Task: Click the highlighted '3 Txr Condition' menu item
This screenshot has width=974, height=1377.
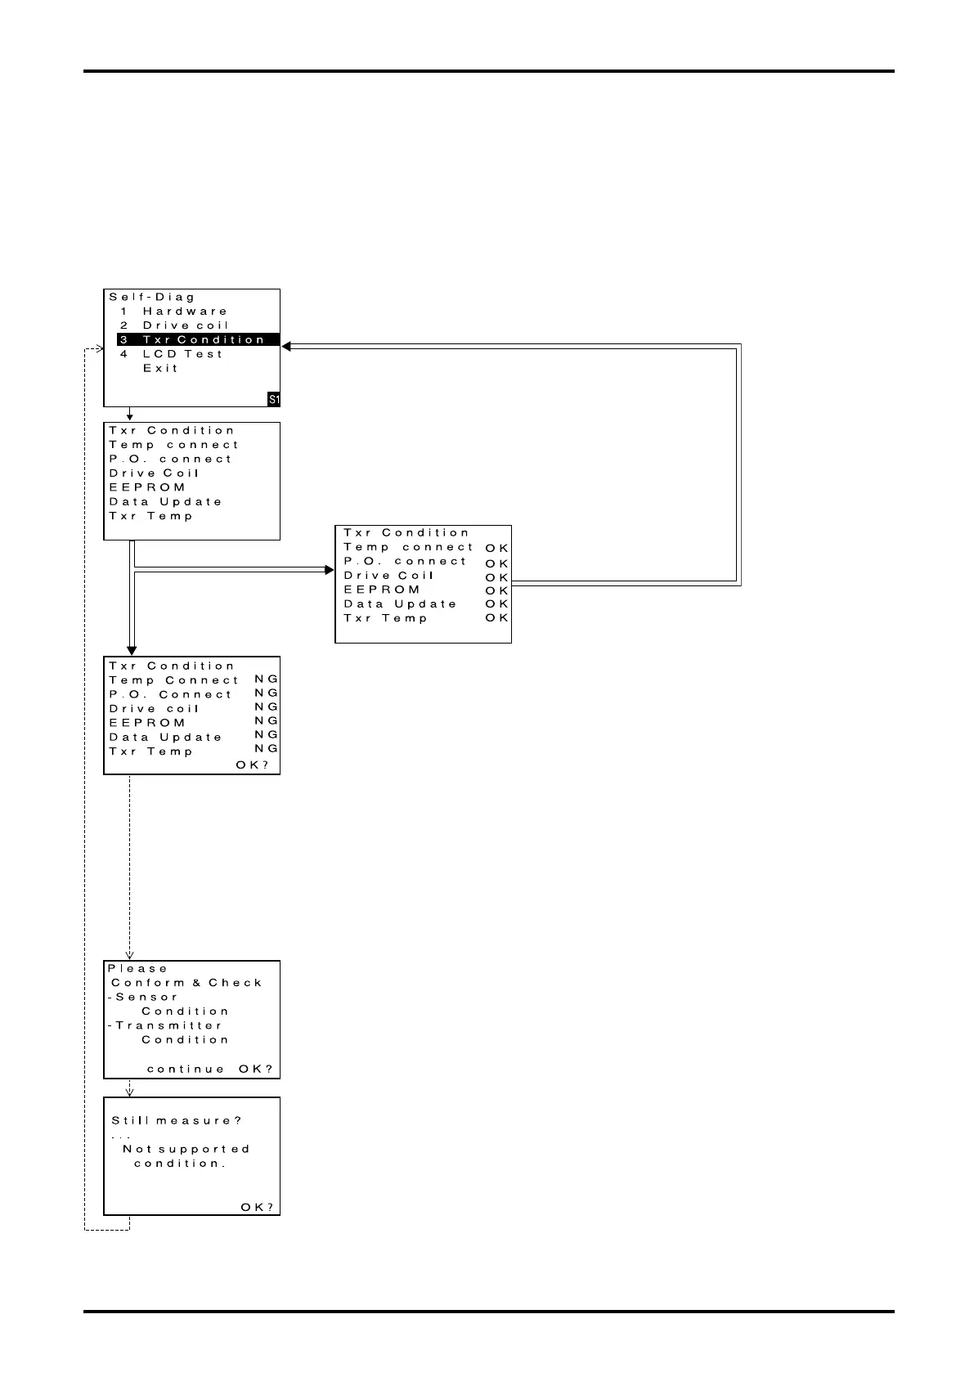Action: point(199,339)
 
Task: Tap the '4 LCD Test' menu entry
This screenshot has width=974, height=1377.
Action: point(171,354)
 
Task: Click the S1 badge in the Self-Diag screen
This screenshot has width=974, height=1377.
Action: point(274,399)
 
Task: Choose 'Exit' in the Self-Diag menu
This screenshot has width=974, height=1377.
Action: point(160,369)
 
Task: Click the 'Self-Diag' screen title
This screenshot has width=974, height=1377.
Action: point(152,298)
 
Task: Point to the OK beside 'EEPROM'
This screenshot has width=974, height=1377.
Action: point(496,590)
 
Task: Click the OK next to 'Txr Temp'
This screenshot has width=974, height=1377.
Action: point(496,618)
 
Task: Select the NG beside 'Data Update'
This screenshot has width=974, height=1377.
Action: point(267,735)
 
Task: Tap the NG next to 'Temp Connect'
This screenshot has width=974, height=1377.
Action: point(267,680)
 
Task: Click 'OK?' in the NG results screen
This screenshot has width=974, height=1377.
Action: point(252,765)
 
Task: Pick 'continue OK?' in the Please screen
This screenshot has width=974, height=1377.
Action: point(209,1070)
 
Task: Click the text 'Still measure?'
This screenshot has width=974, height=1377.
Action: point(177,1121)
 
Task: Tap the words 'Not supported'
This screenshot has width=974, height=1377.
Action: point(186,1149)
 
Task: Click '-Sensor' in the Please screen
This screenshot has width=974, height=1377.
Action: point(143,998)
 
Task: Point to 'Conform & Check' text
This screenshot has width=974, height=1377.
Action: point(186,983)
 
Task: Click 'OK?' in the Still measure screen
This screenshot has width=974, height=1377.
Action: point(257,1208)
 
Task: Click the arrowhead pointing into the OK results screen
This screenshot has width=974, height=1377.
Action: point(330,569)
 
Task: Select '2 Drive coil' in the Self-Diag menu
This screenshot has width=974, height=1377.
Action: point(174,325)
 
